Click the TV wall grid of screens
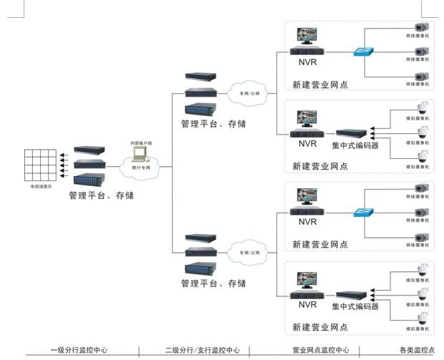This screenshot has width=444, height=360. (41, 165)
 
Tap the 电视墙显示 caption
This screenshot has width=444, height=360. (41, 187)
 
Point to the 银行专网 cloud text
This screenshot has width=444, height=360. (142, 167)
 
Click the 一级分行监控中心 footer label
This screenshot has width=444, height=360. (79, 350)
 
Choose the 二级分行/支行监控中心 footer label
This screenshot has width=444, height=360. (203, 350)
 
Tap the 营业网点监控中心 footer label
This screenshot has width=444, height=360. (320, 350)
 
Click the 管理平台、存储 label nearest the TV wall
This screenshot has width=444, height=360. (101, 195)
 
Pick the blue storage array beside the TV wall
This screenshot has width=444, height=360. (90, 179)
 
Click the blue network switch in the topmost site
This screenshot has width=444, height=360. (362, 51)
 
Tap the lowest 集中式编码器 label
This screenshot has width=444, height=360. (355, 306)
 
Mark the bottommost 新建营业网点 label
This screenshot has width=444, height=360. (320, 328)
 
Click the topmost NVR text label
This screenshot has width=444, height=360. (307, 63)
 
